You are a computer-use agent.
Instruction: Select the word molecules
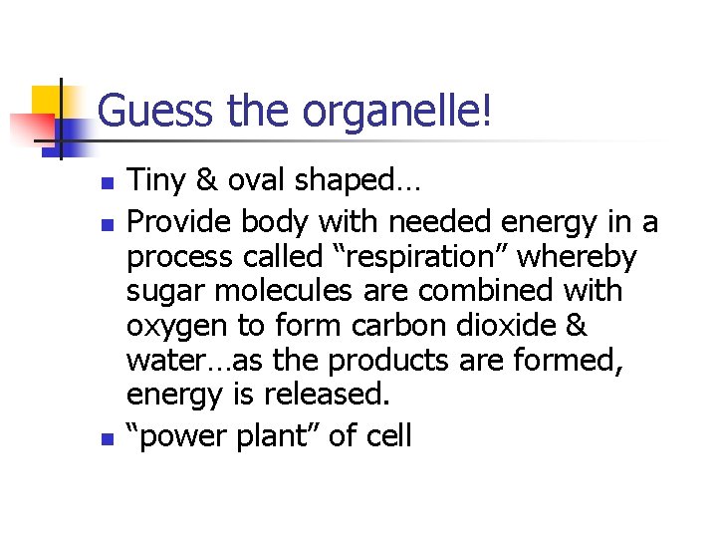tap(288, 292)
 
